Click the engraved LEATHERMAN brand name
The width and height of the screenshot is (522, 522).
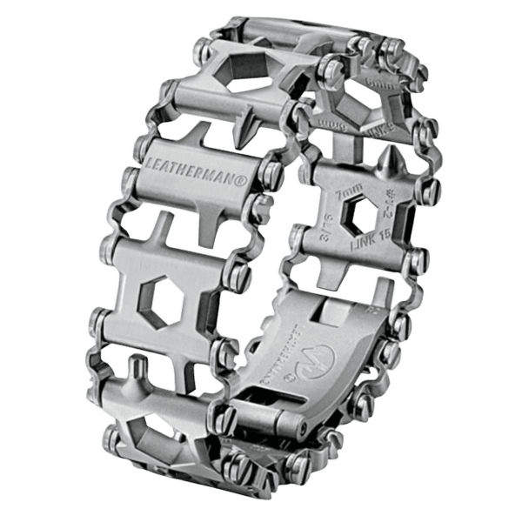point(193,165)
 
